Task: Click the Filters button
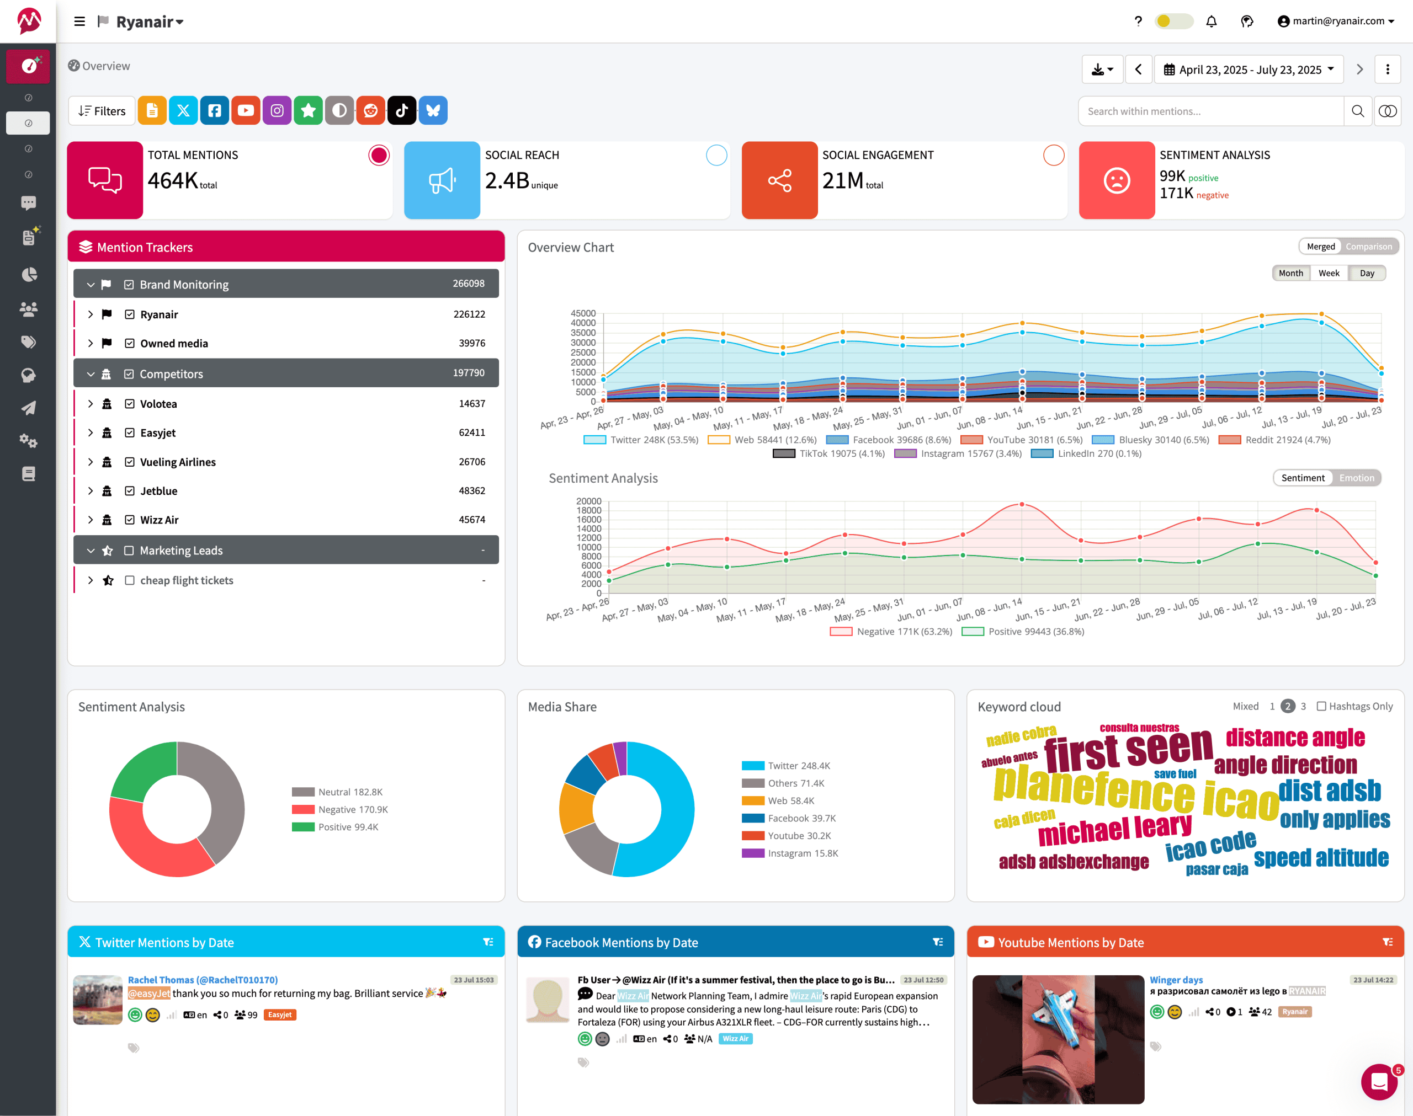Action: tap(102, 111)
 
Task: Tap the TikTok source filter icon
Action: tap(402, 110)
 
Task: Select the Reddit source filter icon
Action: tap(370, 110)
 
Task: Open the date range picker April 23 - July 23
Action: tap(1249, 70)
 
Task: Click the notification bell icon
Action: tap(1211, 22)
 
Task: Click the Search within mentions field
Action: tap(1210, 111)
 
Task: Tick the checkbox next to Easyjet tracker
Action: tap(129, 433)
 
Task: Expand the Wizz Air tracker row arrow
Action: tap(90, 520)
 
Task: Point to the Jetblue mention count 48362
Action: tap(471, 491)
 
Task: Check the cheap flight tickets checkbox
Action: tap(129, 580)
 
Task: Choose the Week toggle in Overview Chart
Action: tap(1328, 273)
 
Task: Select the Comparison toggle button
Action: tap(1368, 247)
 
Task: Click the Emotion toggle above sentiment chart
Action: tap(1356, 478)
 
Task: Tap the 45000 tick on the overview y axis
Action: tap(583, 314)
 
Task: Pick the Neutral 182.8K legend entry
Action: tap(337, 792)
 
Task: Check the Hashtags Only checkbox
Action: tap(1321, 706)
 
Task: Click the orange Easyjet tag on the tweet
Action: tap(280, 1014)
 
